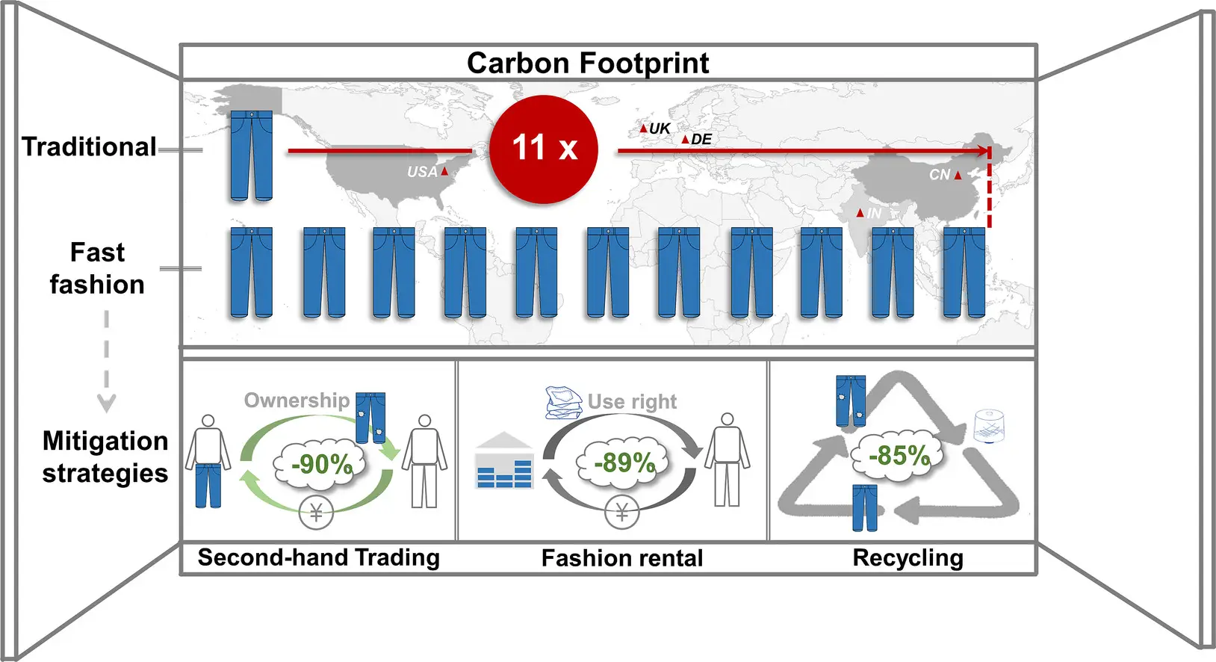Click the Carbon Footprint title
pyautogui.click(x=587, y=63)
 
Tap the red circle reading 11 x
pyautogui.click(x=544, y=149)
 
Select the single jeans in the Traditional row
pyautogui.click(x=251, y=155)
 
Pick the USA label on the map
pyautogui.click(x=422, y=172)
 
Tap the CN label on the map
pyautogui.click(x=940, y=175)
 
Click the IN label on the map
pyautogui.click(x=873, y=214)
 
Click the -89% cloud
pyautogui.click(x=624, y=463)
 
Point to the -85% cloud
pyautogui.click(x=899, y=455)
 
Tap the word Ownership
pyautogui.click(x=297, y=400)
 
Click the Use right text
pyautogui.click(x=632, y=402)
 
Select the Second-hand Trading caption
pyautogui.click(x=319, y=557)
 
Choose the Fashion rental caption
pyautogui.click(x=622, y=558)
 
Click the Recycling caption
pyautogui.click(x=908, y=557)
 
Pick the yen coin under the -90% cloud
pyautogui.click(x=316, y=513)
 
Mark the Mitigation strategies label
pyautogui.click(x=105, y=457)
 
